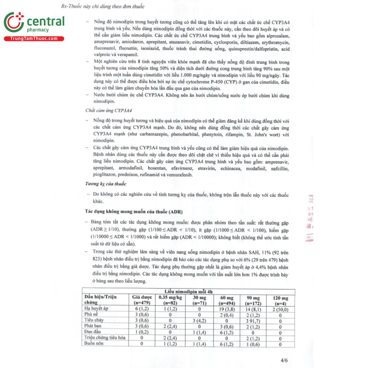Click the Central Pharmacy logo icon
click(x=14, y=22)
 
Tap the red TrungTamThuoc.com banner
click(x=34, y=39)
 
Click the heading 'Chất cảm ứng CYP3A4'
click(x=109, y=110)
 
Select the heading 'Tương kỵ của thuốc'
click(x=106, y=184)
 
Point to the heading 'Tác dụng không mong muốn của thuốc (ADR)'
click(x=134, y=212)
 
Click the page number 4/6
click(x=284, y=361)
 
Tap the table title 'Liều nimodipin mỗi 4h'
click(x=188, y=292)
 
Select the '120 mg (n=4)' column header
click(x=280, y=301)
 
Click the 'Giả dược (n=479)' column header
click(x=142, y=300)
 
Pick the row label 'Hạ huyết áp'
click(x=96, y=309)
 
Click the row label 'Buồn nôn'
click(x=94, y=343)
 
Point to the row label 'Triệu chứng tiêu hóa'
click(x=105, y=338)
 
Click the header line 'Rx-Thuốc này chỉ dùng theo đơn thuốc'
click(x=103, y=6)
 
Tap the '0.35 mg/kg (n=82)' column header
click(x=170, y=300)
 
